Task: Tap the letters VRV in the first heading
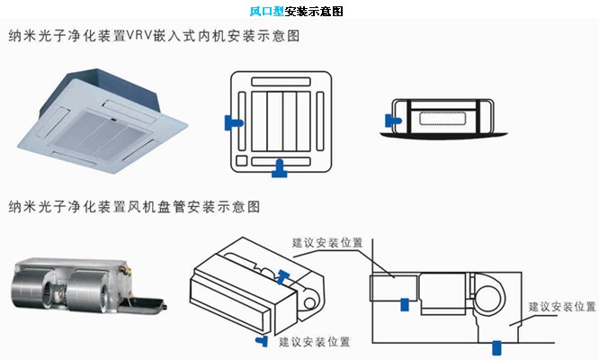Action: point(144,38)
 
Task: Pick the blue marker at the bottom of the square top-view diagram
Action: point(281,166)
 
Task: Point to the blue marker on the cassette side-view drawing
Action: point(394,118)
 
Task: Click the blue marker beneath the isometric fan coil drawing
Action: point(262,340)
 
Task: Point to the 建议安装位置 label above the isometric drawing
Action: point(326,242)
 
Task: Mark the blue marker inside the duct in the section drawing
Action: point(404,304)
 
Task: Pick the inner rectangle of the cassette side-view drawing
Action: point(441,116)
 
